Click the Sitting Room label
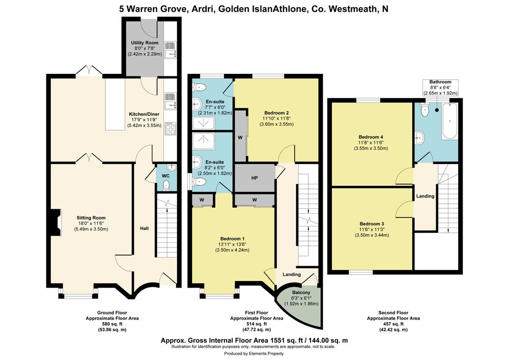pos(91,218)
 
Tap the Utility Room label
pos(145,43)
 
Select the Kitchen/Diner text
pos(144,114)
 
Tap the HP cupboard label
pos(254,178)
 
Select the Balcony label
pos(301,292)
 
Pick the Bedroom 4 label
pos(371,137)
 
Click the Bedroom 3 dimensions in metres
pos(372,235)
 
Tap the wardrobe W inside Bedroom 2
pos(240,137)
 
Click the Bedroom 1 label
pos(233,239)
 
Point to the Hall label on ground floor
pos(145,229)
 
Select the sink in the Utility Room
pos(171,50)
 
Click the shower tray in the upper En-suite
pos(204,123)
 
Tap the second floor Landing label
pos(425,196)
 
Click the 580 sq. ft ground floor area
pos(112,324)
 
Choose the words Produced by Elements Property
pos(254,353)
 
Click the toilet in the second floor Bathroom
pos(425,109)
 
